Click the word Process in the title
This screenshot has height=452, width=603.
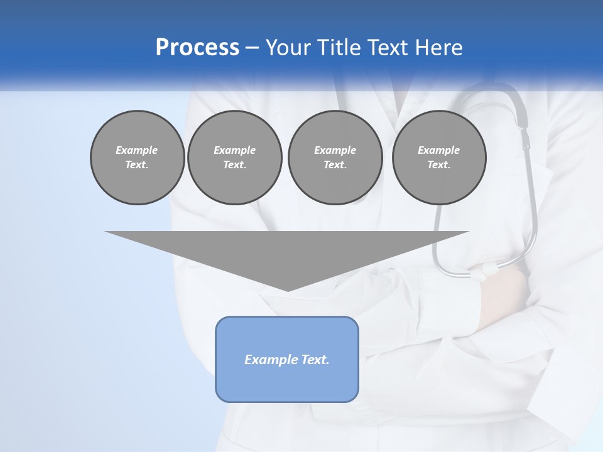tap(197, 48)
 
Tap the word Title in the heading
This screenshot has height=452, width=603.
tap(339, 48)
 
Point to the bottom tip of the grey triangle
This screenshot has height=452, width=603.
tap(288, 290)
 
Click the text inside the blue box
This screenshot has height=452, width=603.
tap(287, 360)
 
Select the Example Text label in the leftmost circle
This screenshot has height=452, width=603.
tap(137, 158)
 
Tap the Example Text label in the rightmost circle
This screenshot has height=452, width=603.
tap(438, 158)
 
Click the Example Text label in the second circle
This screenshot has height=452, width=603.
tap(234, 158)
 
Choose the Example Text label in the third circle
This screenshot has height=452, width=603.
tap(335, 158)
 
